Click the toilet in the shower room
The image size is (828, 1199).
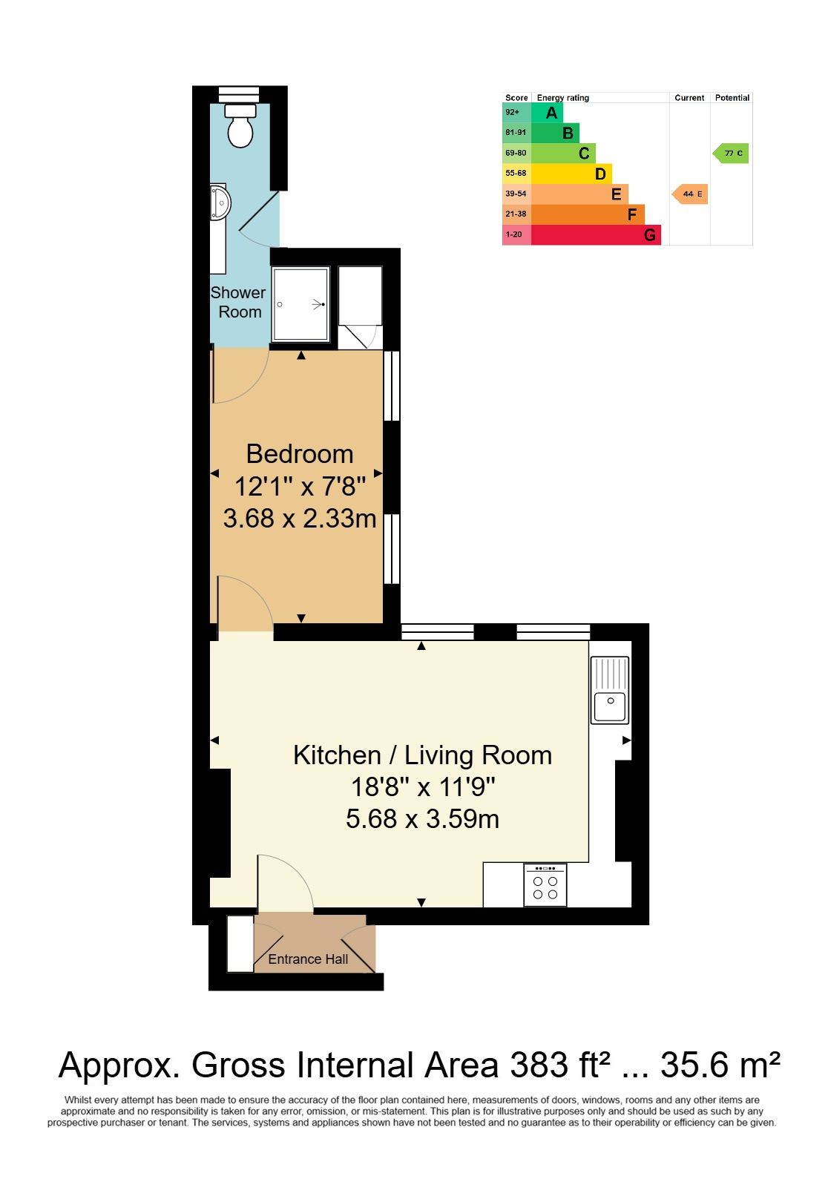(x=239, y=125)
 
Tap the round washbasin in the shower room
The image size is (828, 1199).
(x=220, y=203)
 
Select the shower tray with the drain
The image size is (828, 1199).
(x=300, y=304)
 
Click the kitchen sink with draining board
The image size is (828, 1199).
(x=610, y=689)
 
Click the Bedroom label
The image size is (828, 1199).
(x=300, y=454)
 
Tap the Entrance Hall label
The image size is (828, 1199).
(x=308, y=959)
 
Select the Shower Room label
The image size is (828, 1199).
(x=237, y=302)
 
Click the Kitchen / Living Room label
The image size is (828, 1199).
(x=422, y=755)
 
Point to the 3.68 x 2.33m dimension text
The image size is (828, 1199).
(x=300, y=518)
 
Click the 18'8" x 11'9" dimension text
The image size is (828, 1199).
(x=423, y=786)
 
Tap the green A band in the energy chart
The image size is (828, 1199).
(x=547, y=113)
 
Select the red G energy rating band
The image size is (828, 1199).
(x=596, y=235)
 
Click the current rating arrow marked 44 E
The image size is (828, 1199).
(x=689, y=194)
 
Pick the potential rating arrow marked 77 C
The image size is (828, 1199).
(x=730, y=153)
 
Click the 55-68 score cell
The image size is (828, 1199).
(x=516, y=174)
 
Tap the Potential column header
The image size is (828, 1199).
(x=732, y=97)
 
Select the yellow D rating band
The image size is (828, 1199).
(x=571, y=174)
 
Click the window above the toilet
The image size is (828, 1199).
(x=239, y=93)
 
